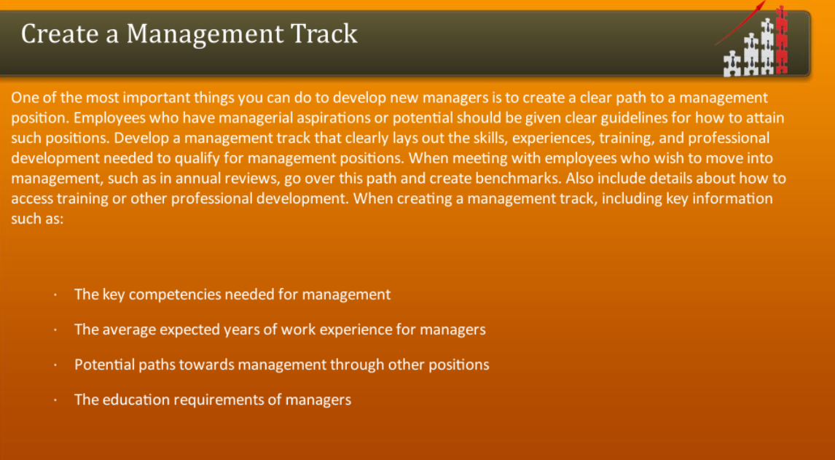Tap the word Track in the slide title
pos(325,34)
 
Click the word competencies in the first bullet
pos(175,295)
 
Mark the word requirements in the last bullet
pos(213,399)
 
